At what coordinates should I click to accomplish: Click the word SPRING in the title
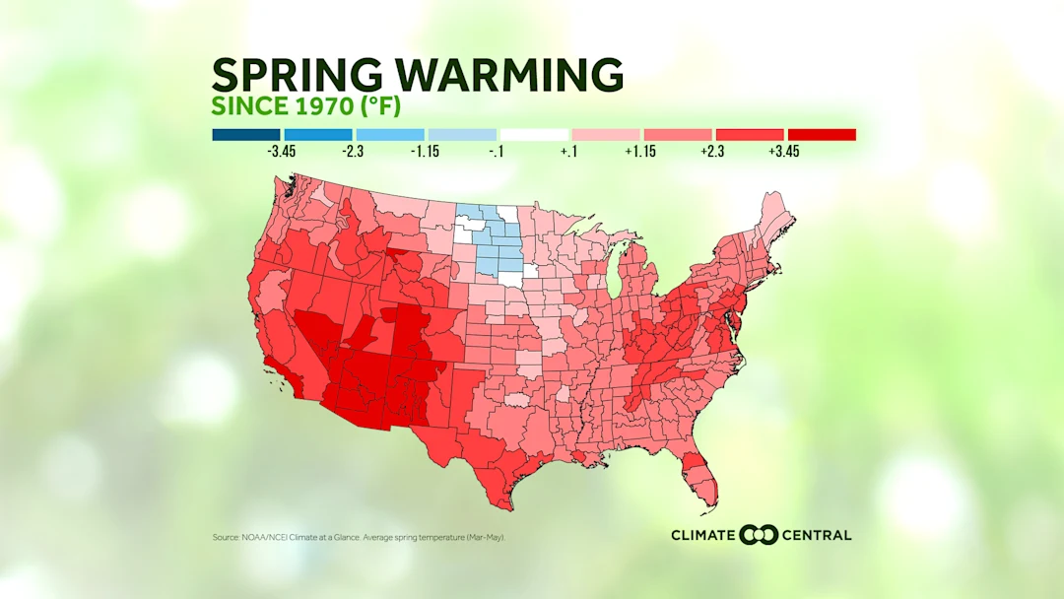(x=288, y=75)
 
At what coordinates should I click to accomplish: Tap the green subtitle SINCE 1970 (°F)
(x=306, y=105)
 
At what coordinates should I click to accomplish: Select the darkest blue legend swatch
(x=245, y=134)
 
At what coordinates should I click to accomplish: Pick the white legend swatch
(x=534, y=134)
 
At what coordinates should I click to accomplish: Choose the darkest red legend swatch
(x=822, y=134)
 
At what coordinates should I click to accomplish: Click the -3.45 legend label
(x=282, y=153)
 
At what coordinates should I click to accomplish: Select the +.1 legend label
(x=569, y=153)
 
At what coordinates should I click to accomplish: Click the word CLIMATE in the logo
(x=702, y=535)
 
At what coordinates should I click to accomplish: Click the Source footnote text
(x=361, y=537)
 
